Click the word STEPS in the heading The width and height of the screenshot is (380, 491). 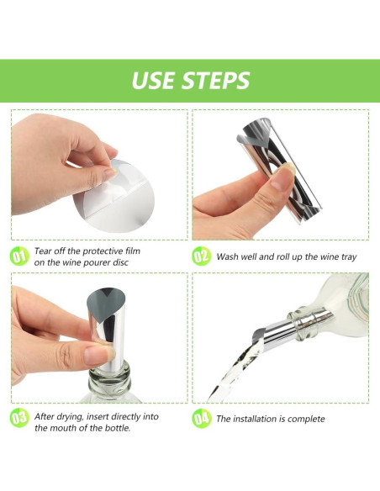point(216,80)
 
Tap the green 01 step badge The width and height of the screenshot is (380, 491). point(19,256)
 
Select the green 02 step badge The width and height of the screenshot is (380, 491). point(201,256)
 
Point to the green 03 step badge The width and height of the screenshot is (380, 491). point(19,418)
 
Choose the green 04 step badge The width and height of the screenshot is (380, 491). point(201,419)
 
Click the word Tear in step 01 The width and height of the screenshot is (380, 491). point(43,251)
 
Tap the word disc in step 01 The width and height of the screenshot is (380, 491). point(120,262)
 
